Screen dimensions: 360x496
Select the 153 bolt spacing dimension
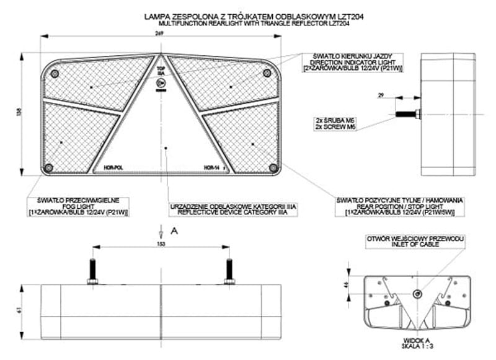[x=161, y=244]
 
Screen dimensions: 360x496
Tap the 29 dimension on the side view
[x=380, y=95]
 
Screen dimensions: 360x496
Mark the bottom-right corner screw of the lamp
[x=273, y=168]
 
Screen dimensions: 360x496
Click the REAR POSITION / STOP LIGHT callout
[x=400, y=206]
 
